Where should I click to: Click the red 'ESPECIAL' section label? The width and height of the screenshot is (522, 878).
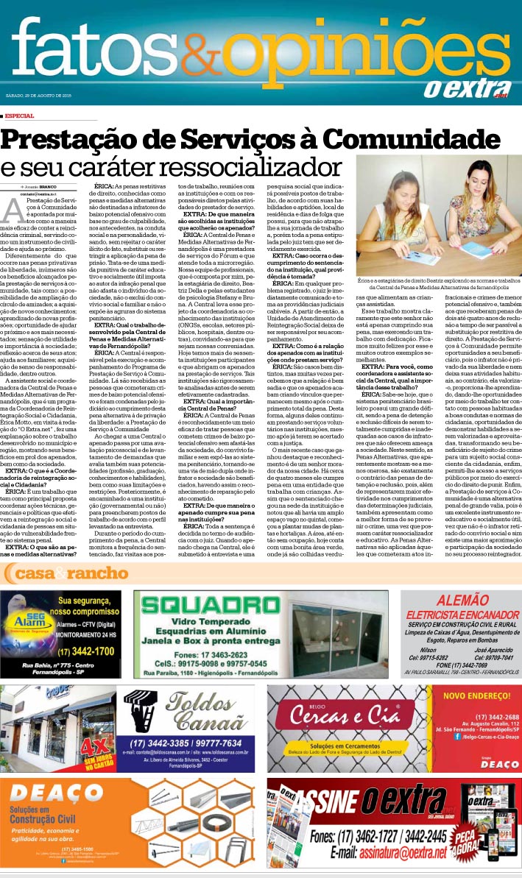coord(19,116)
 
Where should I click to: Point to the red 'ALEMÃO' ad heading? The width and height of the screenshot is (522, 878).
coord(460,600)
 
